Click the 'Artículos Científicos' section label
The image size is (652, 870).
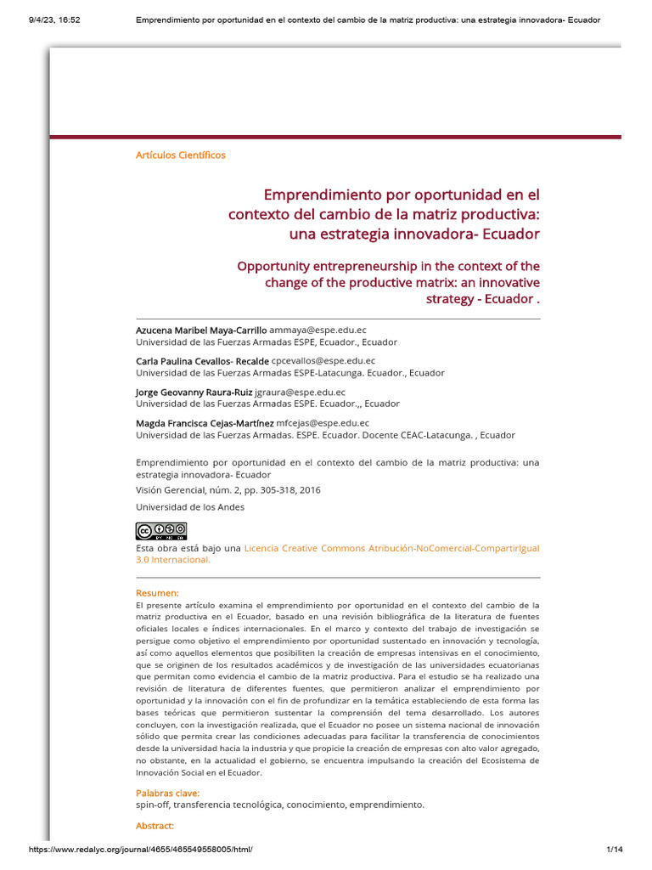tap(181, 155)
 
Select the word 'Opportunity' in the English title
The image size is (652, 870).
tap(276, 267)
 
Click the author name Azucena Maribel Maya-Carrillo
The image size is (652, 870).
tap(202, 330)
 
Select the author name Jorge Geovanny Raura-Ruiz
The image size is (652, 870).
tap(194, 392)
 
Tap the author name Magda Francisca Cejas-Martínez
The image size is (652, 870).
tap(205, 422)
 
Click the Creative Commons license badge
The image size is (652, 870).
tap(160, 531)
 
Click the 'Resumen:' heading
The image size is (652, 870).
tap(157, 592)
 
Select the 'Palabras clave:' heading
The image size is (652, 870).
tap(168, 793)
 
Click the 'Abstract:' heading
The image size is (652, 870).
tap(155, 825)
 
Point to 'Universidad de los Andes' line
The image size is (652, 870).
tap(190, 507)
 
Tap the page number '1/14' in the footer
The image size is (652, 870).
tap(615, 850)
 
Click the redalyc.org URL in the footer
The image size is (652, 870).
tap(141, 850)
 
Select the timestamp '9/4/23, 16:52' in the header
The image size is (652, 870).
tap(47, 20)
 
